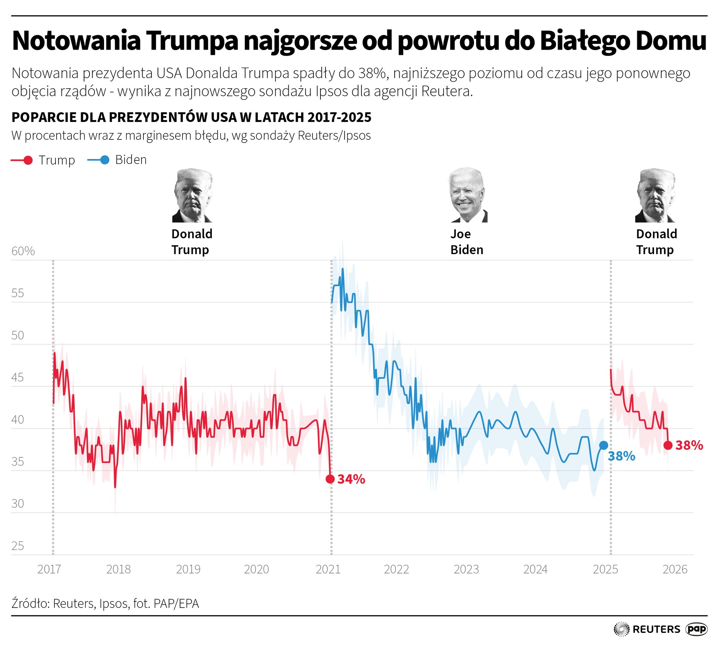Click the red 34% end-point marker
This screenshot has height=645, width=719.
tap(330, 479)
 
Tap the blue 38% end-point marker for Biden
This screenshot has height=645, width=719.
tap(604, 445)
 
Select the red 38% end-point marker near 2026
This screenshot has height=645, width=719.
tap(668, 445)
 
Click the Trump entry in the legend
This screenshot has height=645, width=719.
tap(43, 160)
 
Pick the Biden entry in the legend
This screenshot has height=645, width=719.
tap(117, 160)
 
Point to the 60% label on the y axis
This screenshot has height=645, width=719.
tap(23, 251)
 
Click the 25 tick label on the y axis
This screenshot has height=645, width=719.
tap(18, 546)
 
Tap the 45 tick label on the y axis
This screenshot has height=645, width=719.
tap(18, 378)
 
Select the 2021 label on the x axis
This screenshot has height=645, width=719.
tap(328, 569)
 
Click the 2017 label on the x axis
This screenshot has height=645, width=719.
tap(49, 569)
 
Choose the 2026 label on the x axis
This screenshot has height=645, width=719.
tap(675, 569)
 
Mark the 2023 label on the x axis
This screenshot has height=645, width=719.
tap(466, 569)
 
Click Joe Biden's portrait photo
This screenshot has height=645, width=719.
tap(468, 195)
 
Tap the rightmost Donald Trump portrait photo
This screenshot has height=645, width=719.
tap(655, 196)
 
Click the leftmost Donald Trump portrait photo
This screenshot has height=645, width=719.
tap(192, 196)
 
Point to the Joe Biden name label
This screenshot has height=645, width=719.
tap(467, 242)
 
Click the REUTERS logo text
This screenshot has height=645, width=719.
tap(656, 629)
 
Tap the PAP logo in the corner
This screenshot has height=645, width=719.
tap(697, 629)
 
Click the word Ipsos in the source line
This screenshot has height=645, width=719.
tap(114, 603)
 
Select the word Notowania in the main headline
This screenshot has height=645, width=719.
tap(76, 41)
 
